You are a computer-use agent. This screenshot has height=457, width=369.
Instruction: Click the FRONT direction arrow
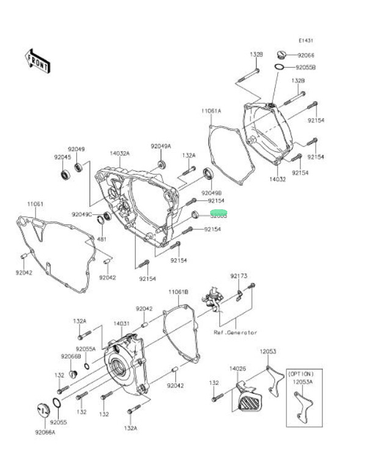click(x=37, y=60)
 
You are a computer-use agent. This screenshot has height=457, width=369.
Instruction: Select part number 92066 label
click(x=305, y=55)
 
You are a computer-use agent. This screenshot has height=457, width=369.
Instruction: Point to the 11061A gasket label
click(x=211, y=111)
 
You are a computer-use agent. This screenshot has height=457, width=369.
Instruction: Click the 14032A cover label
click(x=120, y=153)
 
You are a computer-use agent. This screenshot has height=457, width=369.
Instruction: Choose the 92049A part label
click(x=161, y=146)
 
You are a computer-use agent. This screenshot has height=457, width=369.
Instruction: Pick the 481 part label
click(x=101, y=239)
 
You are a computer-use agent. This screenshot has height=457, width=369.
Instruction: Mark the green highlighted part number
click(x=219, y=215)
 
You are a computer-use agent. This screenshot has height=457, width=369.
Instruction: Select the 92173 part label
click(x=239, y=276)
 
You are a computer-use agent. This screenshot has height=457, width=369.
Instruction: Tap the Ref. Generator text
click(x=235, y=333)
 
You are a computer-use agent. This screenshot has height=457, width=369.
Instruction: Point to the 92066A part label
click(x=45, y=432)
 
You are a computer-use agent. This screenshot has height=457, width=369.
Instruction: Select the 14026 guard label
click(x=238, y=369)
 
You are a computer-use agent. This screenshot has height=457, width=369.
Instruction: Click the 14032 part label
click(x=278, y=180)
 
